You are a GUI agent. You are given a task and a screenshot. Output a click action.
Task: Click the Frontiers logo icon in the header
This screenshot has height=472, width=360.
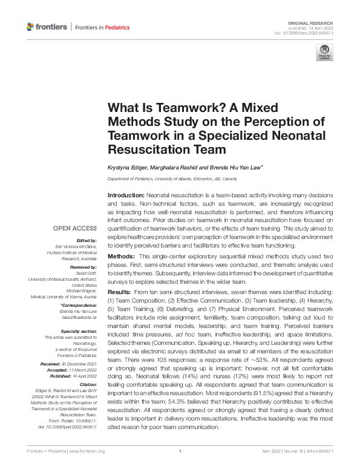[x=31, y=27]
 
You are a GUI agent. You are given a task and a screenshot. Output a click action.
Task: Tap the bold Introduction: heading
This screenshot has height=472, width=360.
[x=125, y=197]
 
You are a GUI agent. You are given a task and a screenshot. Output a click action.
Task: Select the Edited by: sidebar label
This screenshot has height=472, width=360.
[x=87, y=240]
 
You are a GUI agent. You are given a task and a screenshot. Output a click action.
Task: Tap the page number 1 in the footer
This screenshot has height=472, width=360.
[x=180, y=468]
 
